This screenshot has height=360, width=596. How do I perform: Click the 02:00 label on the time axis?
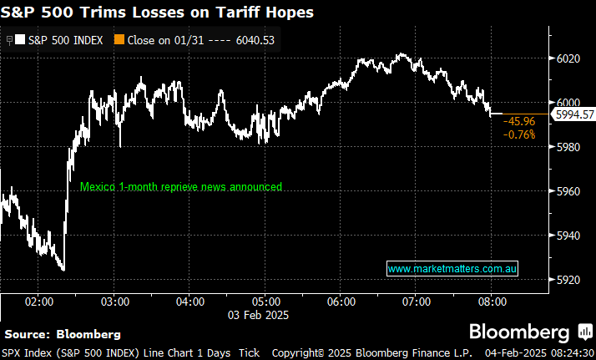[x=39, y=301]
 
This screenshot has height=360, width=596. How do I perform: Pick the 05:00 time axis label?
[x=265, y=301]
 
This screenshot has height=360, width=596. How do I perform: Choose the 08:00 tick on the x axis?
[x=491, y=301]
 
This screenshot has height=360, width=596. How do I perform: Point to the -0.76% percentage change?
[x=519, y=134]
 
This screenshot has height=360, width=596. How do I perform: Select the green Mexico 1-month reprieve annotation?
[x=181, y=187]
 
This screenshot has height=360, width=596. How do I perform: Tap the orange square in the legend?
[x=120, y=38]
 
